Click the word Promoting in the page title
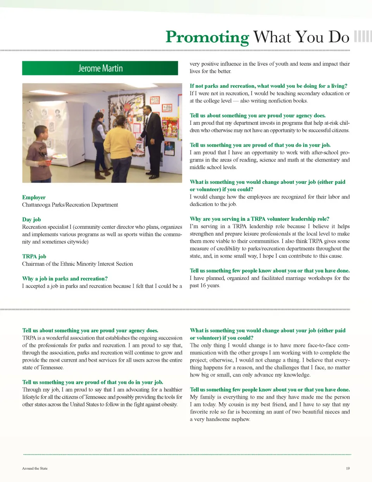(207, 37)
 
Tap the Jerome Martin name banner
(100, 68)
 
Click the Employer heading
(34, 197)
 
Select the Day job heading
(31, 220)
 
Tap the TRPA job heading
(34, 256)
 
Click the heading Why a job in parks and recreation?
(65, 279)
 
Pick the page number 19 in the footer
(348, 468)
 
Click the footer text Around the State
(35, 468)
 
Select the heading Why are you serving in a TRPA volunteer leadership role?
(259, 219)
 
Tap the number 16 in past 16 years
(204, 286)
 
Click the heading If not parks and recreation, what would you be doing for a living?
(268, 86)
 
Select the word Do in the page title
(339, 37)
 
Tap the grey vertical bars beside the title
(362, 36)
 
